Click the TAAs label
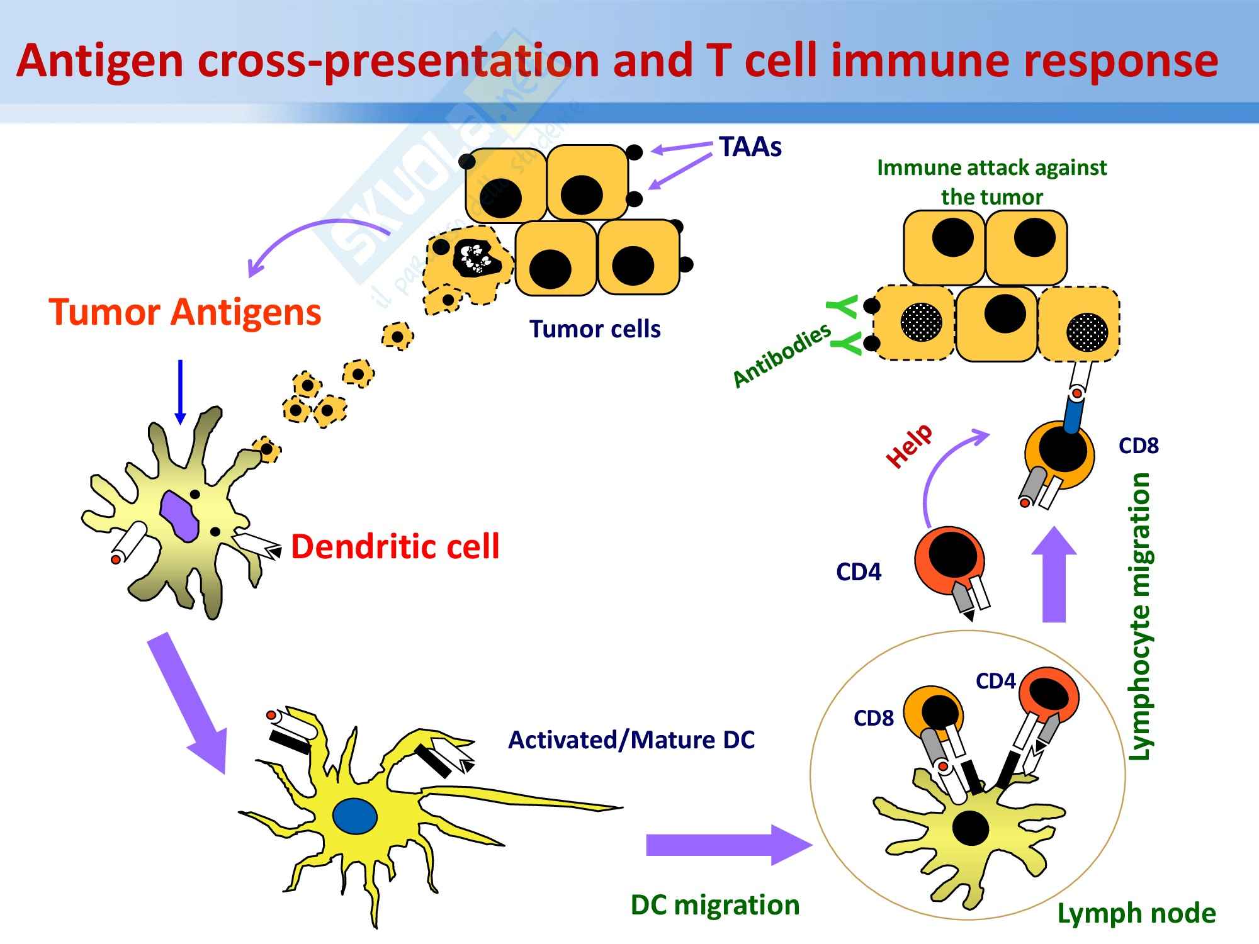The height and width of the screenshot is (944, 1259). coord(750,147)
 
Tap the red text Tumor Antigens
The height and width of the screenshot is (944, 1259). coord(185,312)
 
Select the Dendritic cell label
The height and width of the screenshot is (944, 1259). coord(395,546)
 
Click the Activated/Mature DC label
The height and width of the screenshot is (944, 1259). coord(631,740)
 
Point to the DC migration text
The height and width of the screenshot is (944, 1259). coord(714,905)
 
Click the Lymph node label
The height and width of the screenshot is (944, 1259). coord(1136,913)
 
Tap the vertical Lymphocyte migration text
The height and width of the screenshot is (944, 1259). coord(1140,617)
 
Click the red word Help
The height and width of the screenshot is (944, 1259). coord(908,446)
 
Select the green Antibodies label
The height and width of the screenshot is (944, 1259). coord(782,356)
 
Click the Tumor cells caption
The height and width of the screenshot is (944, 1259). coord(595,329)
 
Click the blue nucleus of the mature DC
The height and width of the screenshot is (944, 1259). coord(355,816)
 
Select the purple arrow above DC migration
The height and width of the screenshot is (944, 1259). coord(727,845)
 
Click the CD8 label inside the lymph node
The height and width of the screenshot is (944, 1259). coord(873,718)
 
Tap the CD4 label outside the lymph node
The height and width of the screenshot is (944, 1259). coord(859,572)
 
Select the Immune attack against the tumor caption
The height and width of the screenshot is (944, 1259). coord(991,182)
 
